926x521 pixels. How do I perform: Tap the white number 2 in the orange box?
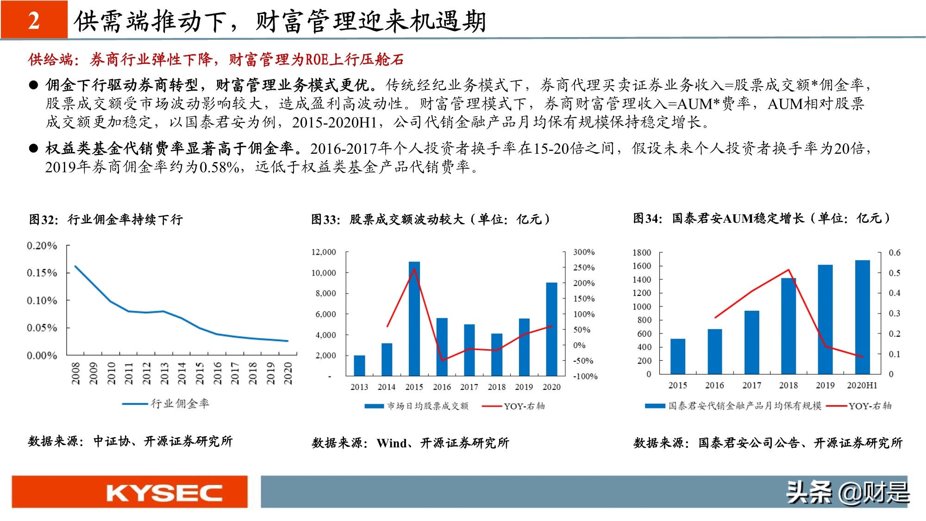click(x=34, y=21)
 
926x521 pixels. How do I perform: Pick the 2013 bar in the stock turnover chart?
click(x=359, y=365)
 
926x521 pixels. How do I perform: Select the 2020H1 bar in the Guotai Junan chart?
click(x=862, y=317)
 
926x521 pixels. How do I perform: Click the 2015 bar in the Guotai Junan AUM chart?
click(x=678, y=356)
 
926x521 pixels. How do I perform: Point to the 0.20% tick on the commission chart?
click(x=42, y=245)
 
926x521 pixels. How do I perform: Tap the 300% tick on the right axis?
click(x=584, y=252)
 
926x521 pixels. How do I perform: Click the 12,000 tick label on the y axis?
click(x=324, y=252)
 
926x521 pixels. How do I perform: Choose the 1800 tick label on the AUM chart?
click(x=642, y=252)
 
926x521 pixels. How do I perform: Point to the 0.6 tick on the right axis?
click(x=894, y=252)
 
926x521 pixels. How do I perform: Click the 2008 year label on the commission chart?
click(x=75, y=373)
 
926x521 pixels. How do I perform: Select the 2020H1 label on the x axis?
click(x=862, y=385)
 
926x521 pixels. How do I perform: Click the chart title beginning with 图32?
click(x=106, y=219)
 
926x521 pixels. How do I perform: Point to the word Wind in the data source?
click(x=391, y=443)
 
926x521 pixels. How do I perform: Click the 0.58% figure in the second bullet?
click(x=219, y=167)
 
